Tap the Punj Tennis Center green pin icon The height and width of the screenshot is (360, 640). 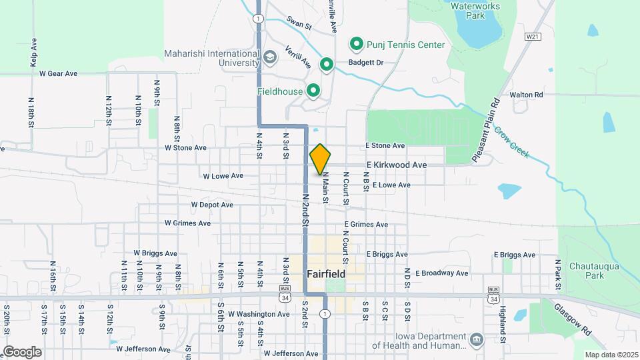pyautogui.click(x=357, y=45)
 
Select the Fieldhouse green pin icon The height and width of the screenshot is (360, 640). pyautogui.click(x=312, y=91)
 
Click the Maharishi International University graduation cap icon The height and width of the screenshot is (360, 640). pyautogui.click(x=269, y=57)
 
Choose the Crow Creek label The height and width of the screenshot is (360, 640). pyautogui.click(x=512, y=143)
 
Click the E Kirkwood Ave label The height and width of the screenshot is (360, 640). pyautogui.click(x=395, y=165)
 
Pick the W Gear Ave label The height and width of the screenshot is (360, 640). pyautogui.click(x=59, y=73)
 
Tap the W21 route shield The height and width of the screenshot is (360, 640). pyautogui.click(x=531, y=36)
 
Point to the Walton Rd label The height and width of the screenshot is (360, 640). pyautogui.click(x=527, y=95)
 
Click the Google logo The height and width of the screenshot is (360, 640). pyautogui.click(x=22, y=351)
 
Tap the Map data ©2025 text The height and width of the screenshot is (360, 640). pyautogui.click(x=611, y=355)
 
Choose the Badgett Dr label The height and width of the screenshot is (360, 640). pyautogui.click(x=366, y=63)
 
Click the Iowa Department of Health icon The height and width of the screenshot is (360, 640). pyautogui.click(x=475, y=339)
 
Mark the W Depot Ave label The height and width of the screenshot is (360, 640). pyautogui.click(x=212, y=205)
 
